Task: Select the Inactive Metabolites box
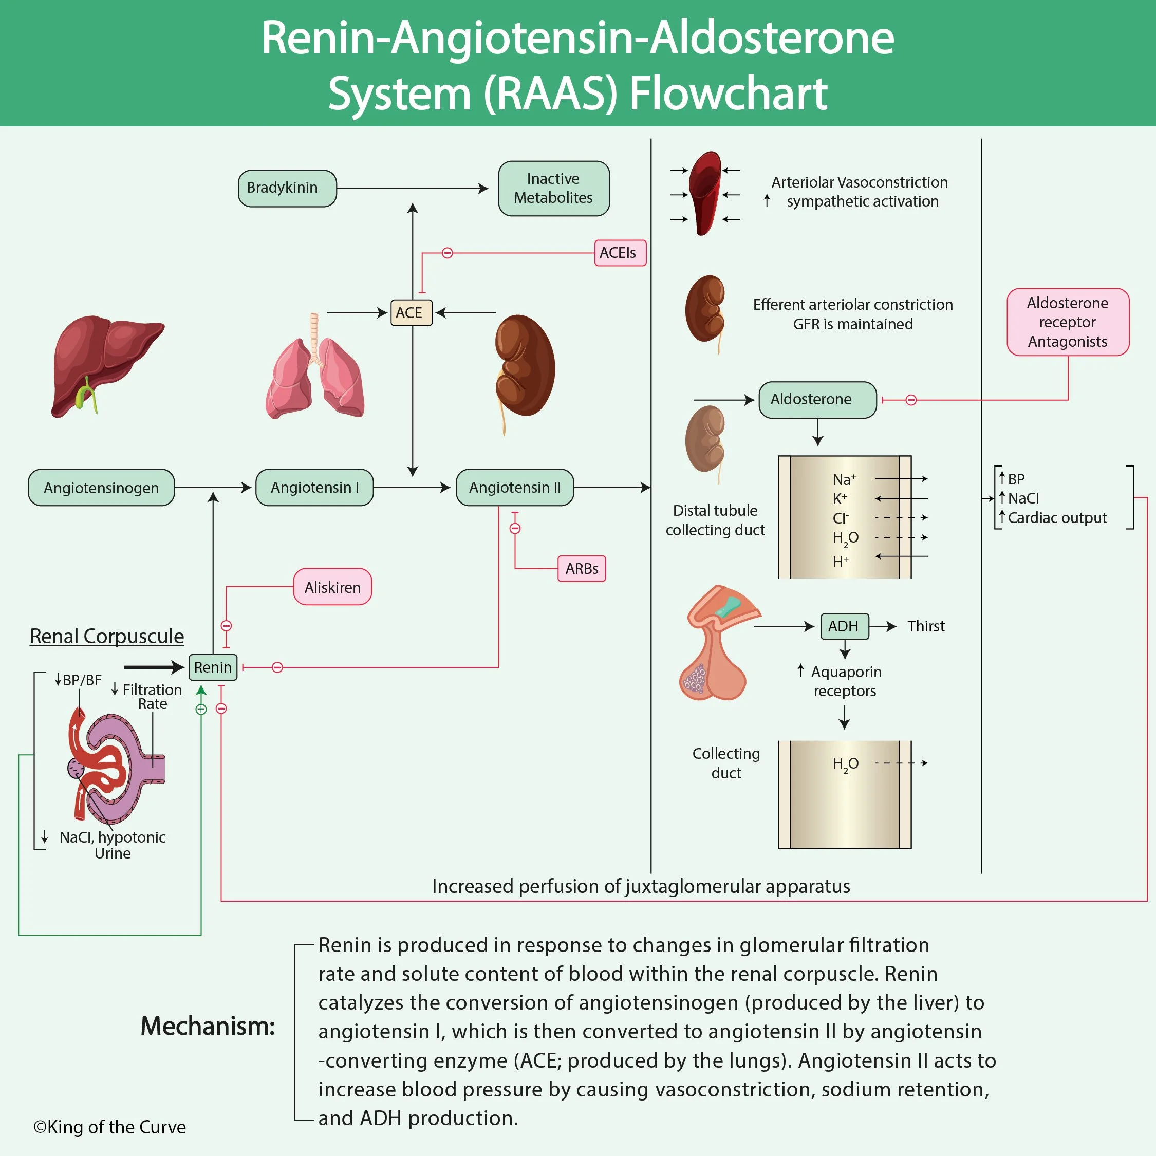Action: [x=553, y=189]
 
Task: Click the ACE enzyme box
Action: [x=411, y=312]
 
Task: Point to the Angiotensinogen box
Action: [x=101, y=488]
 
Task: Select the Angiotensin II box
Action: [x=515, y=488]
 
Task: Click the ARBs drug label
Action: [x=582, y=568]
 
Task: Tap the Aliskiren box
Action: [x=333, y=587]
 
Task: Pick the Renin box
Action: [x=213, y=667]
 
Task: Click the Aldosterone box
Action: [x=817, y=400]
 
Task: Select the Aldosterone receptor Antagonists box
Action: [x=1068, y=322]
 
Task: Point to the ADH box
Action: [x=844, y=626]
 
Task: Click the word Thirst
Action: [x=926, y=626]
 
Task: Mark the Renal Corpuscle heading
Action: [x=107, y=636]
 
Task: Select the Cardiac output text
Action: [x=1057, y=517]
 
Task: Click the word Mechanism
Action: [x=208, y=1026]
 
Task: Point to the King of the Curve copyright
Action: [x=110, y=1127]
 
